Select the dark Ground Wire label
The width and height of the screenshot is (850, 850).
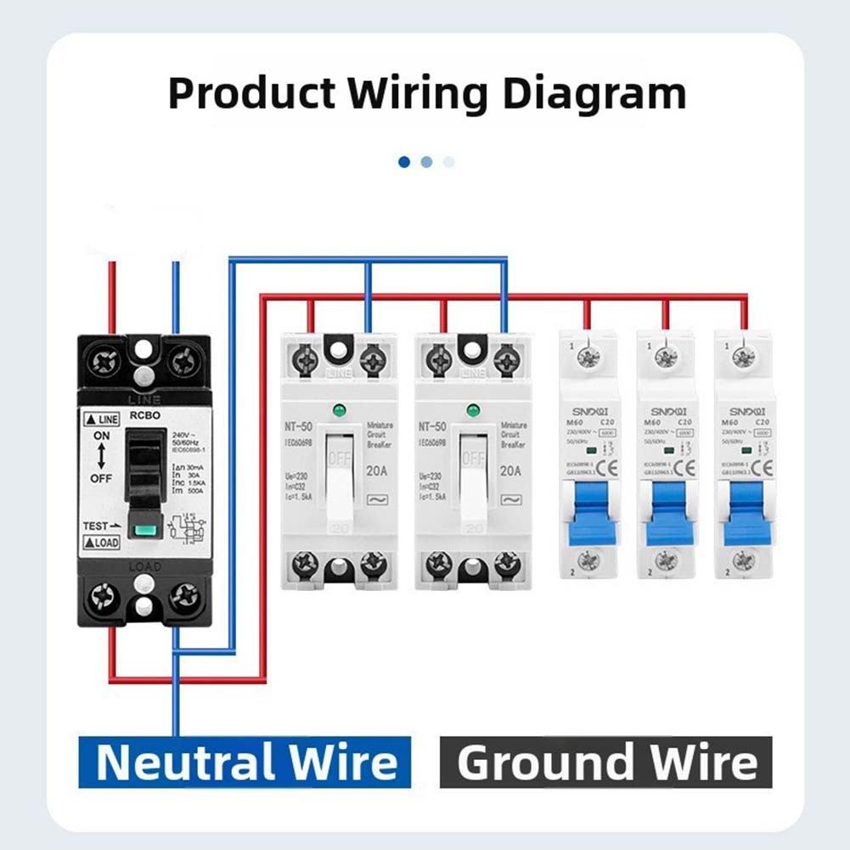point(605,762)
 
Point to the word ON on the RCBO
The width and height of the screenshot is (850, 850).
point(101,435)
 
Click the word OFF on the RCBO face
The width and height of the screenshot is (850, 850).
point(101,478)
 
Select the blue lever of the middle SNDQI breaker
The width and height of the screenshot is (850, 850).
point(665,513)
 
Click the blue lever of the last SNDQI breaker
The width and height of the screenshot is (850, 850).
point(743,513)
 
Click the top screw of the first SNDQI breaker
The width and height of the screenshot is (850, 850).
point(588,357)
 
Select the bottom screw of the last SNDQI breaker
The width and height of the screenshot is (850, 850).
point(743,560)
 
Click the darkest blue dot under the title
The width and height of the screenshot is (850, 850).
point(404,161)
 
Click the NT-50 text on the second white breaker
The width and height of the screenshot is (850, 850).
point(432,425)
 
